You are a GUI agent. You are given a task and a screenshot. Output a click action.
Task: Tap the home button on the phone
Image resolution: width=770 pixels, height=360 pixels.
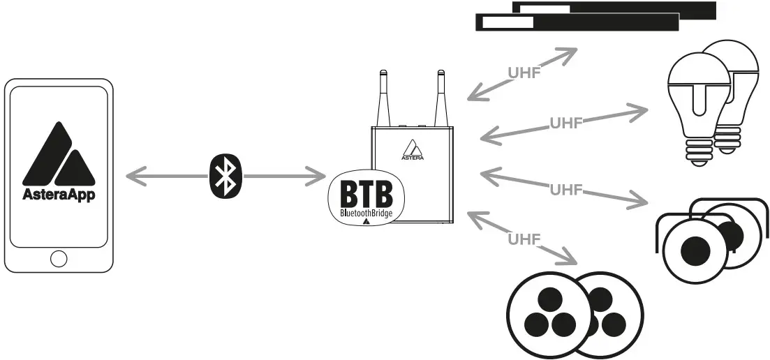pyautogui.click(x=59, y=259)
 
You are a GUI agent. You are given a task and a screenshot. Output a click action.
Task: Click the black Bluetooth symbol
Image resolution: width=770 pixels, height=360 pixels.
pyautogui.click(x=225, y=177)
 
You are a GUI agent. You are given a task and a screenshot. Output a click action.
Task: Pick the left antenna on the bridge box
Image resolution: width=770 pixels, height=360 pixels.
pyautogui.click(x=383, y=98)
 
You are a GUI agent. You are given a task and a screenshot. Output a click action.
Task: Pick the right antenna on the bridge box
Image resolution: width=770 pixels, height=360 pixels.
pyautogui.click(x=440, y=98)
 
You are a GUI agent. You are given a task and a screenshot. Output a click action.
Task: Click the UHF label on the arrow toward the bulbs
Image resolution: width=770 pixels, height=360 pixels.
pyautogui.click(x=565, y=123)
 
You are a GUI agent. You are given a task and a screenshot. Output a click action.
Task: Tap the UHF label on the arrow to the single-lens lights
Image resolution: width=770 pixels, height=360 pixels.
pyautogui.click(x=565, y=188)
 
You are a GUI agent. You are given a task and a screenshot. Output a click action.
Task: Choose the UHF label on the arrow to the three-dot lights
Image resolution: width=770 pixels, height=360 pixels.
pyautogui.click(x=524, y=239)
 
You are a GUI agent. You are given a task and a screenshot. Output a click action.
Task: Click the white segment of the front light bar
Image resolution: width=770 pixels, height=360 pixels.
pyautogui.click(x=508, y=22)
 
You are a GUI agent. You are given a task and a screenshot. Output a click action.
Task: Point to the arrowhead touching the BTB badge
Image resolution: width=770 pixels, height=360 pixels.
pyautogui.click(x=319, y=177)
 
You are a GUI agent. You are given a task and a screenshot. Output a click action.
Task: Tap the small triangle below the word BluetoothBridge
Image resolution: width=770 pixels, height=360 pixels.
pyautogui.click(x=366, y=221)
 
